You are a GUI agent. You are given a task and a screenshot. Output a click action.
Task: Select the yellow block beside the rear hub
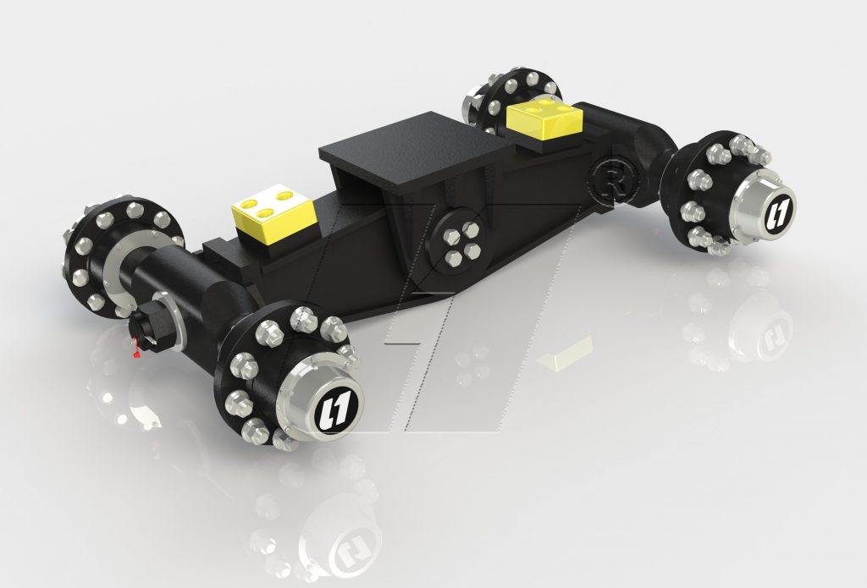pyautogui.click(x=543, y=118)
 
